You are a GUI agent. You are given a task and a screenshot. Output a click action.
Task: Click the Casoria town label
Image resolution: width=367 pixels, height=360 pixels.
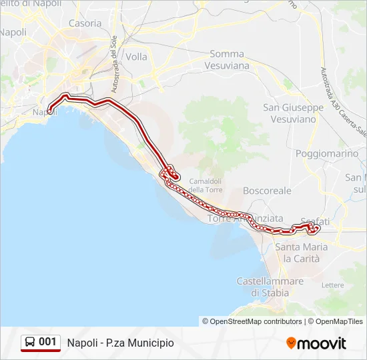85,23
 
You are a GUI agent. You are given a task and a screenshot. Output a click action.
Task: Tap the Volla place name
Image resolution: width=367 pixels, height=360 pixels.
136,57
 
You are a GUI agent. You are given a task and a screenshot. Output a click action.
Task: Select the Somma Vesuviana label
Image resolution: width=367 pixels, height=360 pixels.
229,59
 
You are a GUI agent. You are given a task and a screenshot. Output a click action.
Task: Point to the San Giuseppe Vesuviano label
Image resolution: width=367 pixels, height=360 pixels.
293,113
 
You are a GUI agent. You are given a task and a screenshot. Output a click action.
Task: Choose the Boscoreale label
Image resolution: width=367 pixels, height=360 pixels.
267,191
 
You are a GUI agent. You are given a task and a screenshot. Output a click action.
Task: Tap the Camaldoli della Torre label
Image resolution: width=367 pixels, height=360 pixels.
206,185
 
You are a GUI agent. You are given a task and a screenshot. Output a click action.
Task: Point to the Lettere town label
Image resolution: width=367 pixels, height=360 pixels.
332,285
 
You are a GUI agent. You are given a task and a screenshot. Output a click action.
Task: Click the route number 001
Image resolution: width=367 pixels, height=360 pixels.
47,342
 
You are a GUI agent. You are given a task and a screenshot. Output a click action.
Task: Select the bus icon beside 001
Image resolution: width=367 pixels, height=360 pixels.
30,342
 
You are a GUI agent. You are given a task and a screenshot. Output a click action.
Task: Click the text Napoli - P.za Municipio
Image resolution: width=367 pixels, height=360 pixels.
120,343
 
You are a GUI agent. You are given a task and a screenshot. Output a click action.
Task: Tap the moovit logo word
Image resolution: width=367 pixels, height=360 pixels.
322,343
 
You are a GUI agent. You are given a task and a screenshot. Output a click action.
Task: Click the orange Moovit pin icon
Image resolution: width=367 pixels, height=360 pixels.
291,343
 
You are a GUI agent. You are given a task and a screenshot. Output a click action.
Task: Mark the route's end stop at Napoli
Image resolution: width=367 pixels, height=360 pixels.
50,111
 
